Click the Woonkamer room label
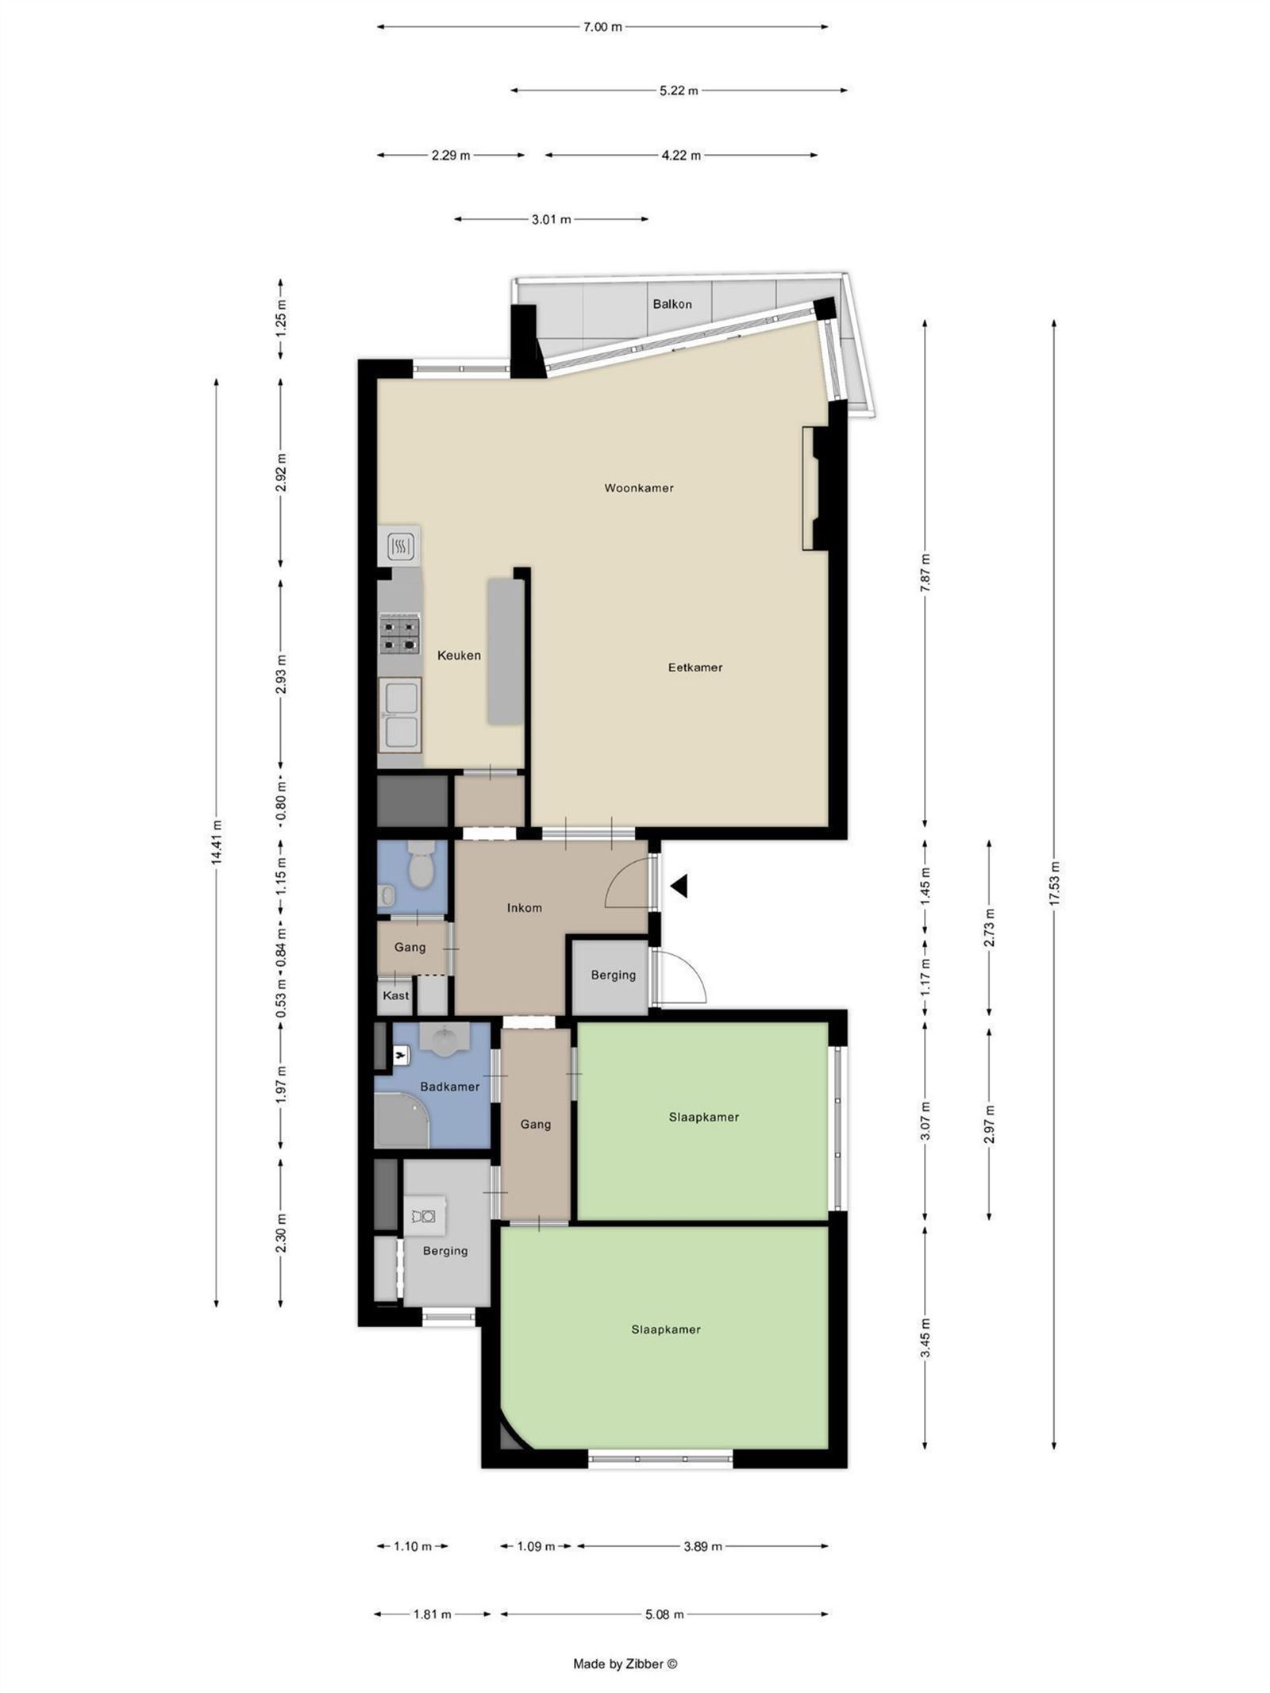coord(638,488)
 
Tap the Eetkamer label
coord(695,668)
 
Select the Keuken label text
coord(459,656)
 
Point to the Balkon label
coord(672,304)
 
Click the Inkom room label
coord(524,908)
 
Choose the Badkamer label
coord(449,1087)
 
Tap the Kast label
coord(396,995)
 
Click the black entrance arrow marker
coord(679,886)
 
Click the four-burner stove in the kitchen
coord(399,633)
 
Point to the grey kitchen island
coord(505,651)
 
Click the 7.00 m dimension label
coord(602,27)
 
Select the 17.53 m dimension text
coord(1054,883)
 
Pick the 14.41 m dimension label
coord(217,844)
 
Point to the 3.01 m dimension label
coord(551,219)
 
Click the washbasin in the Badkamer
coord(444,1037)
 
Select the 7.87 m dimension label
coord(925,572)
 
